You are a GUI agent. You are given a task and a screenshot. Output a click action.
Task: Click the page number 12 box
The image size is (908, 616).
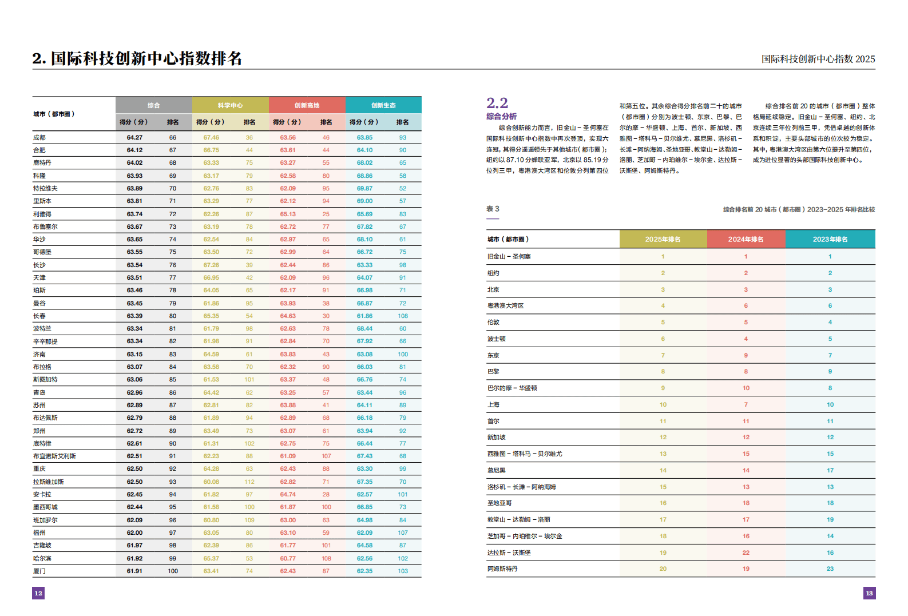38,593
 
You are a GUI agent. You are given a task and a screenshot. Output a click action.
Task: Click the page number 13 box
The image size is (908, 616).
869,593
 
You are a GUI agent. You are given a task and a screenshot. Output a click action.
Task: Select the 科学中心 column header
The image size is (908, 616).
230,105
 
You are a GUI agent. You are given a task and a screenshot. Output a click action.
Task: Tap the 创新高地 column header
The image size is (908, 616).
307,105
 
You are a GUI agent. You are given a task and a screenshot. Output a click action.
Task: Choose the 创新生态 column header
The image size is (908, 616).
383,105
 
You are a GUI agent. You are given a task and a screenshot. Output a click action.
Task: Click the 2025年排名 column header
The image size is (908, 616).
663,239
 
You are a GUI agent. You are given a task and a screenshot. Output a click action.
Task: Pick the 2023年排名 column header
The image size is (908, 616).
830,239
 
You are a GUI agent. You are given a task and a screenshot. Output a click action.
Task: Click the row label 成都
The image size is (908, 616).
39,137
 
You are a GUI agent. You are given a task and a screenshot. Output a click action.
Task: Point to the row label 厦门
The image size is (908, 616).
39,571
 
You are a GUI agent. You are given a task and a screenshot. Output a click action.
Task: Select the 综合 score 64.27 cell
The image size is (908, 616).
134,137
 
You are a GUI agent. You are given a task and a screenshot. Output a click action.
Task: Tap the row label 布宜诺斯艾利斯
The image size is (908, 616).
54,456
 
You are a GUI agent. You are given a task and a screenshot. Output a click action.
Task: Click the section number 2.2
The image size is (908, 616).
497,103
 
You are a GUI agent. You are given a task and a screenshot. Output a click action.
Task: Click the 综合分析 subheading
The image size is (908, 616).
501,116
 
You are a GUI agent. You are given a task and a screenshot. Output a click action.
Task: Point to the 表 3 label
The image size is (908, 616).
493,209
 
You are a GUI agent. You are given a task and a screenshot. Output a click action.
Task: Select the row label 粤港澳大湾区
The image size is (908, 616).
506,305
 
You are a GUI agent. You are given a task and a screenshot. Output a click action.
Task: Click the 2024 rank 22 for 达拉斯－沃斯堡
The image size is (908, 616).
746,553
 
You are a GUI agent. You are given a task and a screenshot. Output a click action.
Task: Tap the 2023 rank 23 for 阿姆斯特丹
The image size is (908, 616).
830,569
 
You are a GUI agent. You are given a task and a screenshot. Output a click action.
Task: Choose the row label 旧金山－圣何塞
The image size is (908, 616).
509,256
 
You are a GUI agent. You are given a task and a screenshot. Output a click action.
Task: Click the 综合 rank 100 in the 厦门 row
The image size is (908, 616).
173,571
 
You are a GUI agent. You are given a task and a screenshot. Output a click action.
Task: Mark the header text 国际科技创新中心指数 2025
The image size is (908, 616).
818,59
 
